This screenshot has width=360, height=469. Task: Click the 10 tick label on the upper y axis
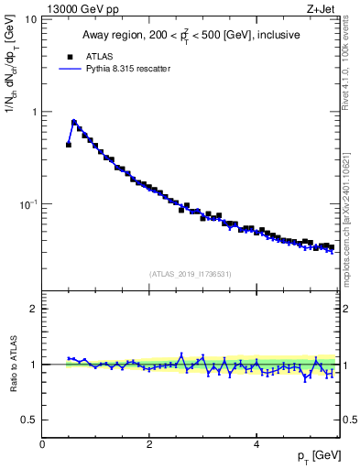tap(30, 19)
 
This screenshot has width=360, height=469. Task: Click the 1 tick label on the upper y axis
tap(33, 112)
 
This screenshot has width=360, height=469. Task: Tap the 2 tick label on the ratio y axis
tap(34, 309)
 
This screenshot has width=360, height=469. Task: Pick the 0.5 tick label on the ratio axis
tap(29, 420)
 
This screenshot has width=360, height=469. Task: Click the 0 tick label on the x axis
tap(42, 444)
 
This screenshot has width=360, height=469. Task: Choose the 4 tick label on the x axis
tap(256, 444)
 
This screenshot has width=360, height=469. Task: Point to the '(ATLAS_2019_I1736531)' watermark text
tap(191, 274)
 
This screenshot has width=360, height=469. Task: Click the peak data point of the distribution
tap(74, 122)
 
